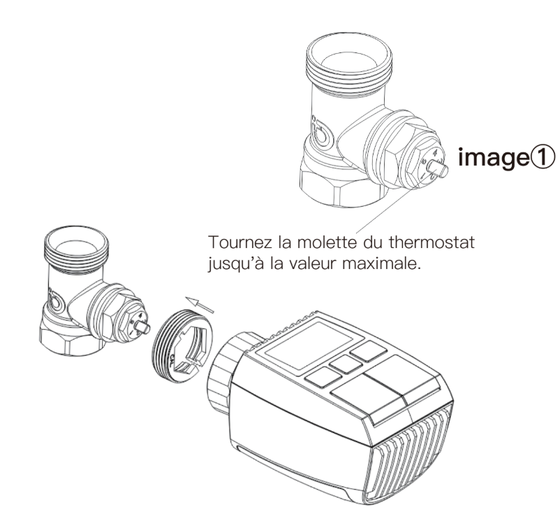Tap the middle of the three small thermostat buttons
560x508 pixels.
pyautogui.click(x=341, y=365)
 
